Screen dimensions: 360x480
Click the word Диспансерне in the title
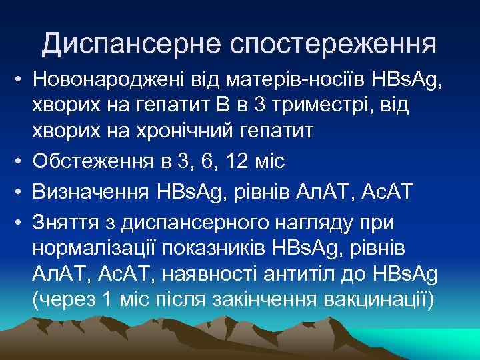pos(131,44)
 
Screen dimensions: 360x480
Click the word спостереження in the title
pos(333,44)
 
